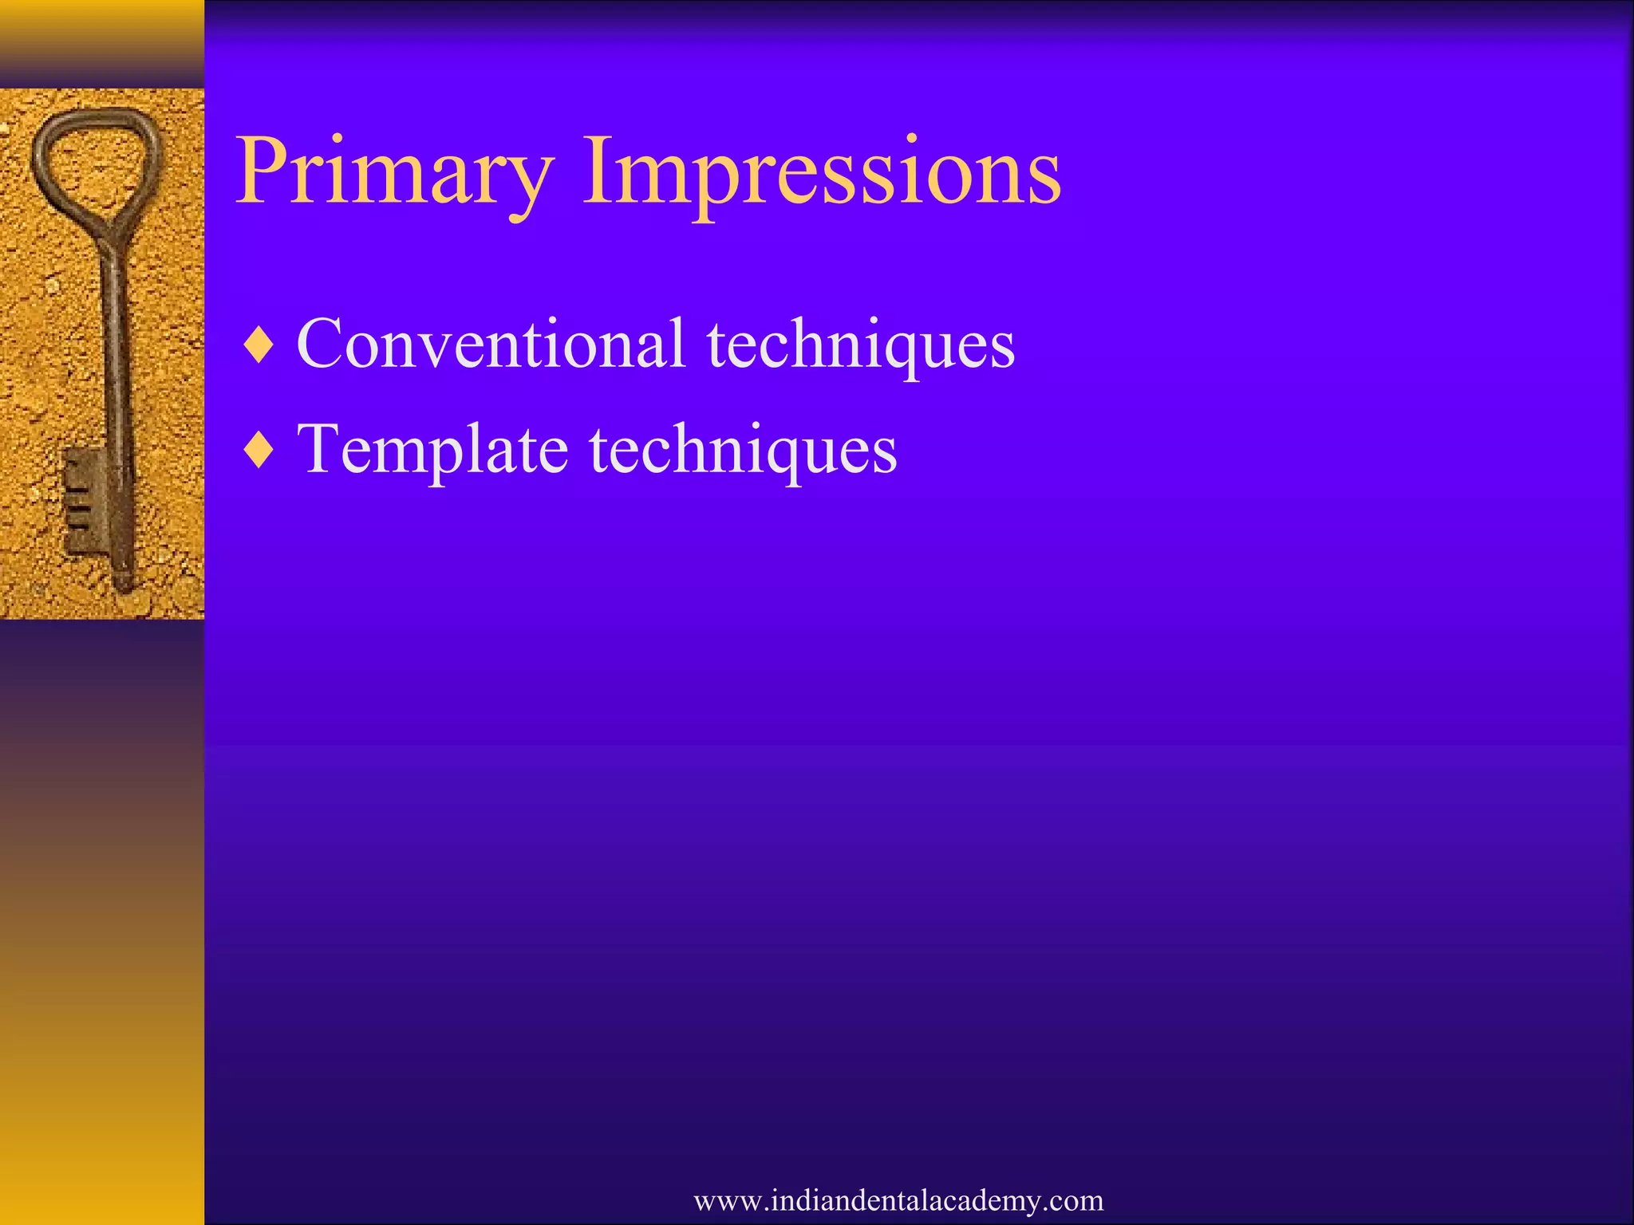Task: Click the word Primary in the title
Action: pyautogui.click(x=395, y=171)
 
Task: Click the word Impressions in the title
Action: pyautogui.click(x=822, y=171)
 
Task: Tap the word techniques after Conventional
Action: pyautogui.click(x=860, y=345)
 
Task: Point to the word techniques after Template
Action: pyautogui.click(x=744, y=451)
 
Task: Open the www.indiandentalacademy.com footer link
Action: pyautogui.click(x=898, y=1200)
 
